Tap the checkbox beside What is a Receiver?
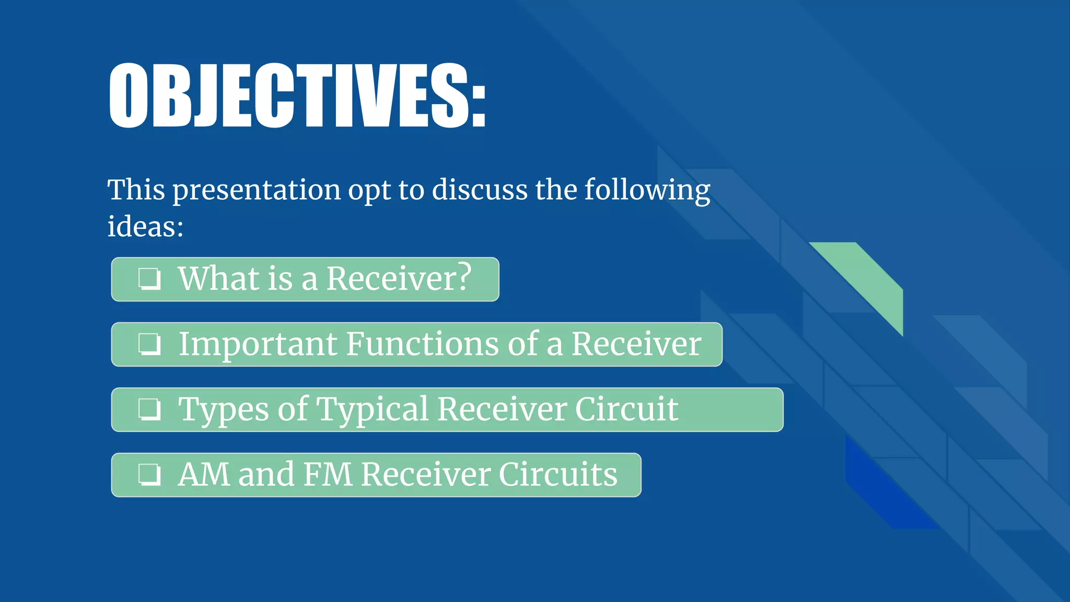pyautogui.click(x=149, y=279)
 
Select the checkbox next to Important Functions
pyautogui.click(x=149, y=344)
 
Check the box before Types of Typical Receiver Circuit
pyautogui.click(x=149, y=409)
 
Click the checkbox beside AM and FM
pyautogui.click(x=149, y=474)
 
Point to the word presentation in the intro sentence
pyautogui.click(x=257, y=190)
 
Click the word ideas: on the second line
pyautogui.click(x=145, y=227)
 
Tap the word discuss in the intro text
pyautogui.click(x=479, y=190)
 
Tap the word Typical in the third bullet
pyautogui.click(x=373, y=410)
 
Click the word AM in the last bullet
pyautogui.click(x=204, y=474)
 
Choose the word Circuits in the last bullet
pyautogui.click(x=557, y=474)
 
